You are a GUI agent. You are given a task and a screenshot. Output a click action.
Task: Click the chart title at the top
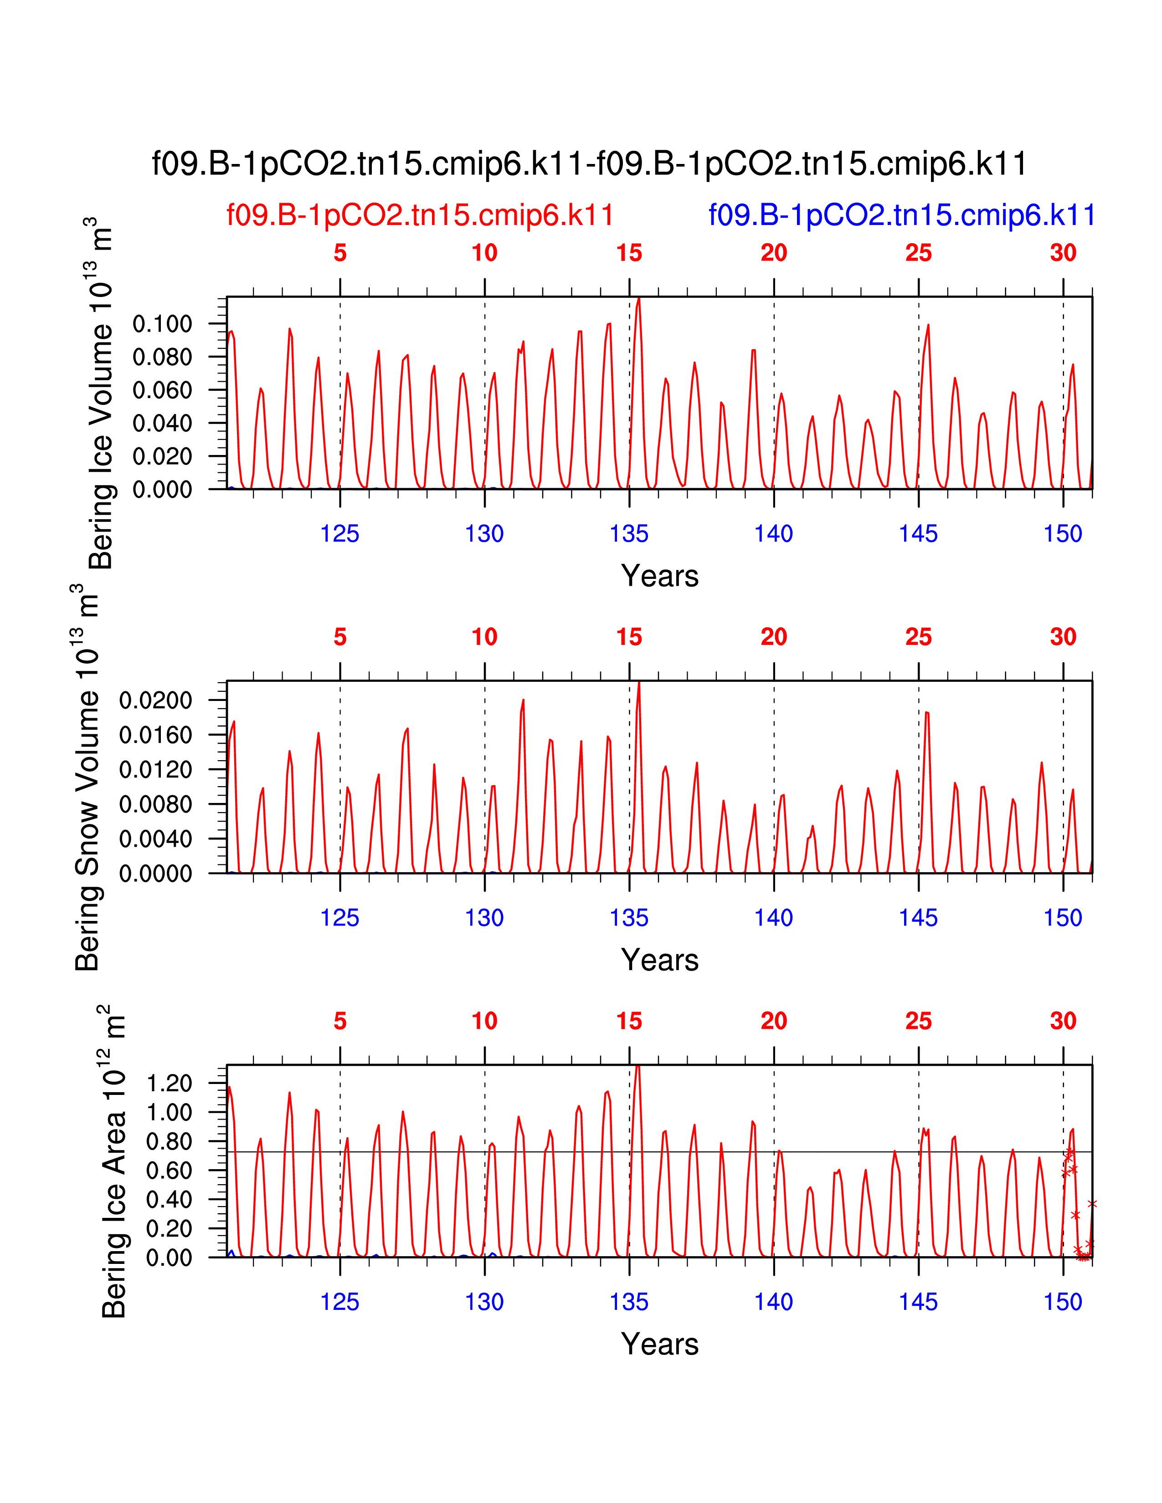[x=589, y=164]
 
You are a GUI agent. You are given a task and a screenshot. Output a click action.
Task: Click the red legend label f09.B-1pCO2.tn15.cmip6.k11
[x=420, y=215]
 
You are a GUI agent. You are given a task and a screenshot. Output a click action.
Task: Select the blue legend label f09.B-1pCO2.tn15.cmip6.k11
[x=902, y=215]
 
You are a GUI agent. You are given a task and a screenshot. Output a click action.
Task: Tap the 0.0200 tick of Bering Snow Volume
[x=155, y=700]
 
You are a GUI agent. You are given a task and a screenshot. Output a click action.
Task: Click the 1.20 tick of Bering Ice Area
[x=170, y=1083]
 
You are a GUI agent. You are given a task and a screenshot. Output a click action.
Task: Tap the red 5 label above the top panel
[x=340, y=253]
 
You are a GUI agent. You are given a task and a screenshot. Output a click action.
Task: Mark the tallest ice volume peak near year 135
[x=639, y=299]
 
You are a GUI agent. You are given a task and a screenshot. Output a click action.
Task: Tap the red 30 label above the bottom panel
[x=1063, y=1021]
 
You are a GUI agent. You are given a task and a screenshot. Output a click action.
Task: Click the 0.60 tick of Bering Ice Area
[x=170, y=1171]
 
